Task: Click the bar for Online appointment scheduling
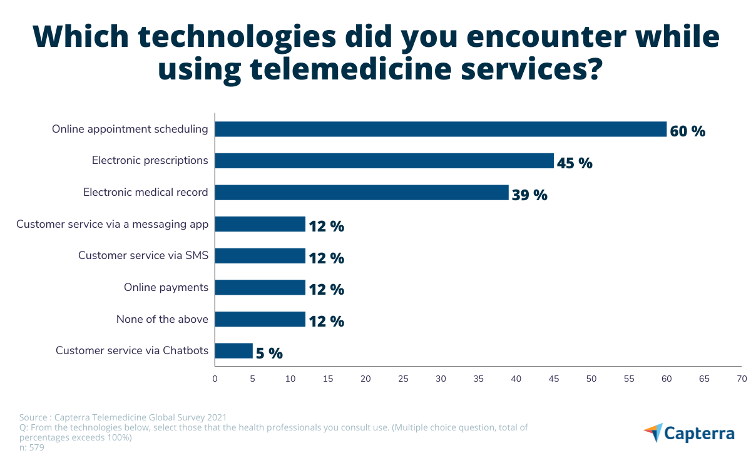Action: click(441, 129)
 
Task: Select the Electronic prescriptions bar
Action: click(384, 161)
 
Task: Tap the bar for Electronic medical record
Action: click(362, 193)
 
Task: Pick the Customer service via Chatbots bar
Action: click(234, 351)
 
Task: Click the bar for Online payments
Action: click(260, 288)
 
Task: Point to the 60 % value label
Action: click(687, 131)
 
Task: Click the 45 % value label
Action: click(575, 163)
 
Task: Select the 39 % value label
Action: click(529, 195)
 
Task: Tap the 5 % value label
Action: click(269, 354)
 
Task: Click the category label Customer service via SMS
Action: click(143, 255)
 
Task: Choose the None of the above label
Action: click(162, 319)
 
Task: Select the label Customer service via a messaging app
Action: click(112, 224)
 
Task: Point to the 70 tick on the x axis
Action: click(742, 379)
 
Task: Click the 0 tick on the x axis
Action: click(215, 379)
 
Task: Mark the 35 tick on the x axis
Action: click(478, 379)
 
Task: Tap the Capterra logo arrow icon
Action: click(653, 432)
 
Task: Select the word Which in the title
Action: click(79, 38)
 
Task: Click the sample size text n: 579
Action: click(32, 447)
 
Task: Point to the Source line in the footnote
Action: click(123, 417)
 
